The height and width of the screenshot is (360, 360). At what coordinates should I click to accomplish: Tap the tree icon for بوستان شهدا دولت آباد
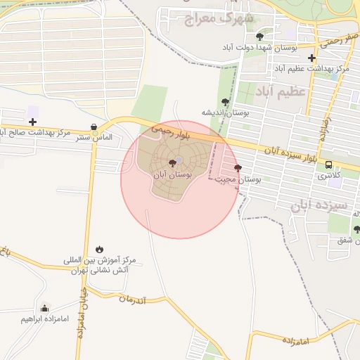[x=259, y=36]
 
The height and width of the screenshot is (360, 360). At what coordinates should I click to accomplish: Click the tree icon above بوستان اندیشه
[x=225, y=102]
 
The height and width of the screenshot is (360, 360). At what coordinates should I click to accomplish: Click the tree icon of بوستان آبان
[x=172, y=163]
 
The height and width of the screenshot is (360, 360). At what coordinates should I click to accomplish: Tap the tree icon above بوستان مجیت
[x=238, y=168]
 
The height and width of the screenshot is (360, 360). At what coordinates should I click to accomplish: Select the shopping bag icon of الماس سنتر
[x=94, y=127]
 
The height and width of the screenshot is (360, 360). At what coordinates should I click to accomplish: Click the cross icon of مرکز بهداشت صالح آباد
[x=32, y=122]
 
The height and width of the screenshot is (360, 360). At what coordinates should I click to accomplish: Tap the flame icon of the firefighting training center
[x=99, y=249]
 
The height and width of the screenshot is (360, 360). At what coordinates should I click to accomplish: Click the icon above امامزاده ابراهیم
[x=45, y=308]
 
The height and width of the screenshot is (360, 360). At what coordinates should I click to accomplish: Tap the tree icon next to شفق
[x=356, y=229]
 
